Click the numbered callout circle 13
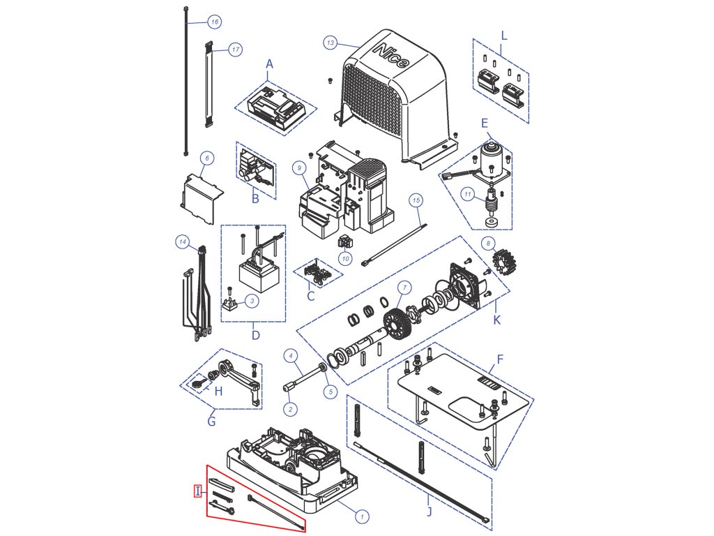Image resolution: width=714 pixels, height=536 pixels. [x=331, y=43]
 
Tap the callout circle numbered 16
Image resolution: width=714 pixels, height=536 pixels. [x=215, y=22]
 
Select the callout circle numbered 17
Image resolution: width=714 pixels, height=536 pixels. [x=235, y=50]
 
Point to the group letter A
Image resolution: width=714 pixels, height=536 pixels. [x=270, y=64]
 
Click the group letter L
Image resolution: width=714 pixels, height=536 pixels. [x=505, y=36]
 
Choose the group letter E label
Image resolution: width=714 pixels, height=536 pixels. [x=485, y=122]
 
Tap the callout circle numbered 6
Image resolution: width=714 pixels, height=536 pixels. [x=206, y=158]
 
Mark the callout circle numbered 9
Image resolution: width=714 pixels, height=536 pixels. [x=298, y=167]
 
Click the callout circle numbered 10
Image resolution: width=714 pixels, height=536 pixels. [x=345, y=259]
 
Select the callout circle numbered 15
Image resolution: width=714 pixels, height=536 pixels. [x=416, y=200]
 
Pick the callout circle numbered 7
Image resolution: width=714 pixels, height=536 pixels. [x=403, y=287]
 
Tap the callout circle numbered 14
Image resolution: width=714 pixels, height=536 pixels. [x=183, y=242]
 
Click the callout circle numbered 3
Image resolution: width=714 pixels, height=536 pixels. [x=252, y=301]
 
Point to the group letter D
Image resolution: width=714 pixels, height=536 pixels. [x=255, y=335]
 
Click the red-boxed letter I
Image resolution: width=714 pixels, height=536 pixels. [x=198, y=491]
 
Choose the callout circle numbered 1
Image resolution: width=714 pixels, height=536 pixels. [x=362, y=517]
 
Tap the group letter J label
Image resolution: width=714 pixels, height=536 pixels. [x=429, y=512]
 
